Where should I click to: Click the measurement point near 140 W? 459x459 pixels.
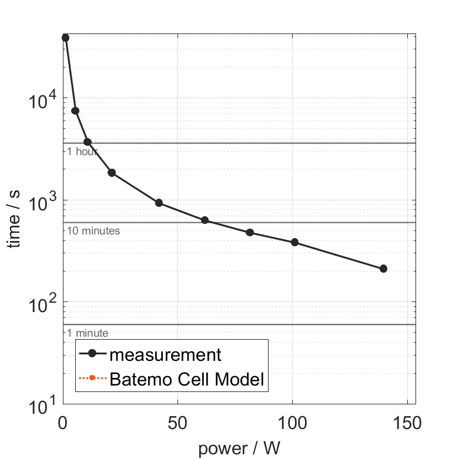coord(383,269)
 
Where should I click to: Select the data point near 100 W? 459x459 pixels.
coord(295,242)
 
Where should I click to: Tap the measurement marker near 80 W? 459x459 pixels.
coord(250,232)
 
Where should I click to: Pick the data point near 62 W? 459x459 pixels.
coord(205,220)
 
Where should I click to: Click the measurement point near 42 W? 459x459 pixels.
coord(159,203)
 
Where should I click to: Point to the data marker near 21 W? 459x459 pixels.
coord(112,173)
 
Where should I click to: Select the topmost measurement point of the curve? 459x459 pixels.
coord(66,38)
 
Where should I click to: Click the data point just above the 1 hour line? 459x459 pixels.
coord(88,142)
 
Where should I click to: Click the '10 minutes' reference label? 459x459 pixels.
coord(93,231)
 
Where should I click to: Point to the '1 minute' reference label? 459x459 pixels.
coord(88,333)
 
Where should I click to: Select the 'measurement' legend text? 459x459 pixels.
coord(165,355)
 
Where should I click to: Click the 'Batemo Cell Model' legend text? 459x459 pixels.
coord(187,379)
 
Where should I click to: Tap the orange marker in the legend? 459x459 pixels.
coord(92,378)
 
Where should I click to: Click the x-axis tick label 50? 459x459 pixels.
coord(177,423)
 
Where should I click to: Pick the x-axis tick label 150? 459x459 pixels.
coord(407,423)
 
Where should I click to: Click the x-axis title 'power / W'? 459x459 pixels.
coord(239,448)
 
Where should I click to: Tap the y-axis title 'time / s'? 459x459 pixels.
coord(14,219)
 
